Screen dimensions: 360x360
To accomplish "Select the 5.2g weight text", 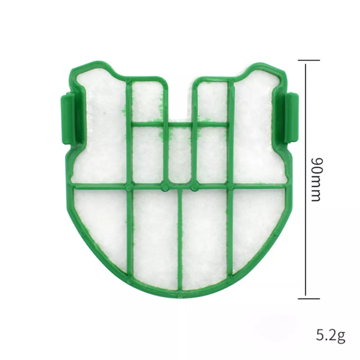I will pos(330,335).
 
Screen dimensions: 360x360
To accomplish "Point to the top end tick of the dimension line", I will pos(308,60).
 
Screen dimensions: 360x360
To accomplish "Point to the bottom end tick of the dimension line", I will pos(308,297).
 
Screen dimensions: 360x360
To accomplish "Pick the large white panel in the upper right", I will pos(257,129).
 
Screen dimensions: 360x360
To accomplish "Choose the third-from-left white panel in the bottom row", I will pos(204,238).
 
